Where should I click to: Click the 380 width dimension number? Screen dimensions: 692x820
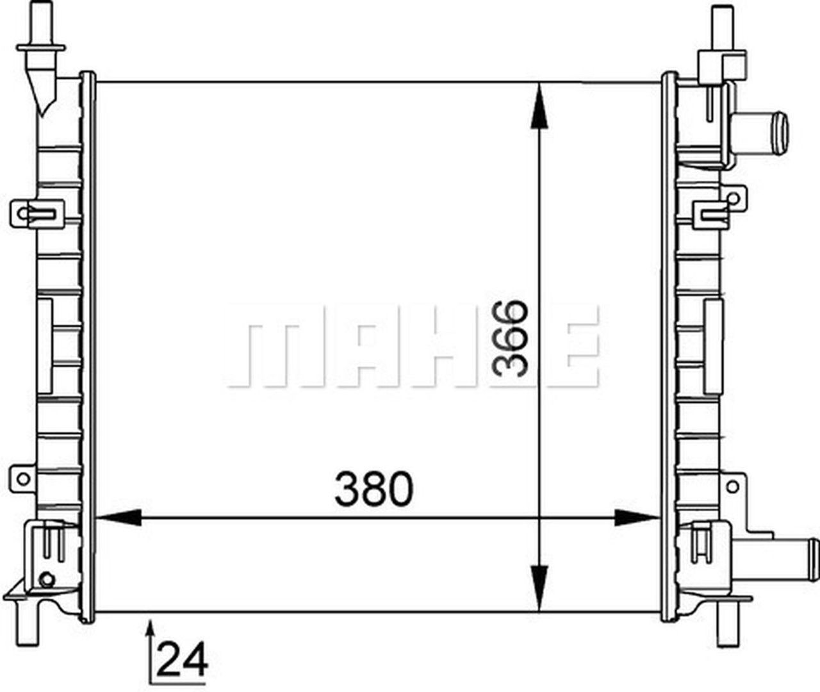coord(374,490)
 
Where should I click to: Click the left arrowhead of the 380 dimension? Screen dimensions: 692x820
coord(119,518)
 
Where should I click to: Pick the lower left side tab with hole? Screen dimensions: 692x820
coord(23,478)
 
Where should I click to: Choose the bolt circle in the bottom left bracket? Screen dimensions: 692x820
coord(46,580)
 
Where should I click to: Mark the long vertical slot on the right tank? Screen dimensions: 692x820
coord(713,347)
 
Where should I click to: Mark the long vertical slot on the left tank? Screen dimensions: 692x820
coord(45,346)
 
